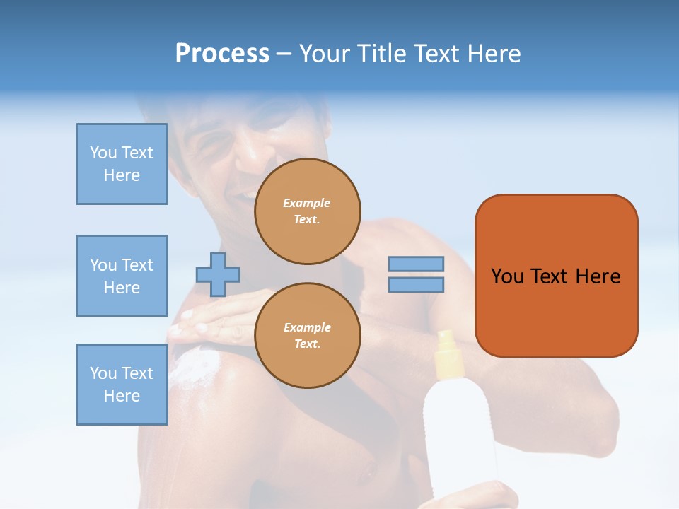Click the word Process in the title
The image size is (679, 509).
[222, 54]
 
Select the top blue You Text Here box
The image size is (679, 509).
[122, 164]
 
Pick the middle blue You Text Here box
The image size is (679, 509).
[122, 276]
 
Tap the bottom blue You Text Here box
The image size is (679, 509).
[122, 385]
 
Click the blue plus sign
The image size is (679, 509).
[218, 274]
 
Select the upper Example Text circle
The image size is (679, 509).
[307, 211]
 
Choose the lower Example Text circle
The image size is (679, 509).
[307, 336]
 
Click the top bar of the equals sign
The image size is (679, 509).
[416, 264]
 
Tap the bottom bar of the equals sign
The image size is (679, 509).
[416, 285]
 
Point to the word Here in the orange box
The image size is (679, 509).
[598, 276]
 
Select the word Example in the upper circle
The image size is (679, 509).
[307, 203]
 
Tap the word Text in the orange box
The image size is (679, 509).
[550, 276]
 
